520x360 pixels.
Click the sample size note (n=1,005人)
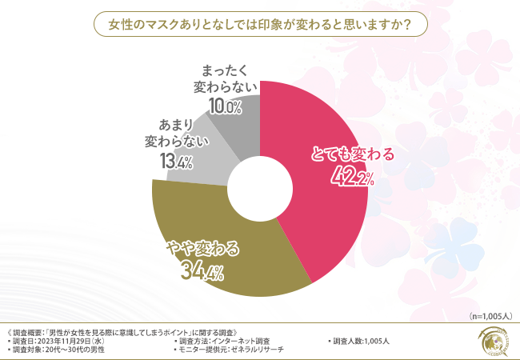click(x=484, y=316)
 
